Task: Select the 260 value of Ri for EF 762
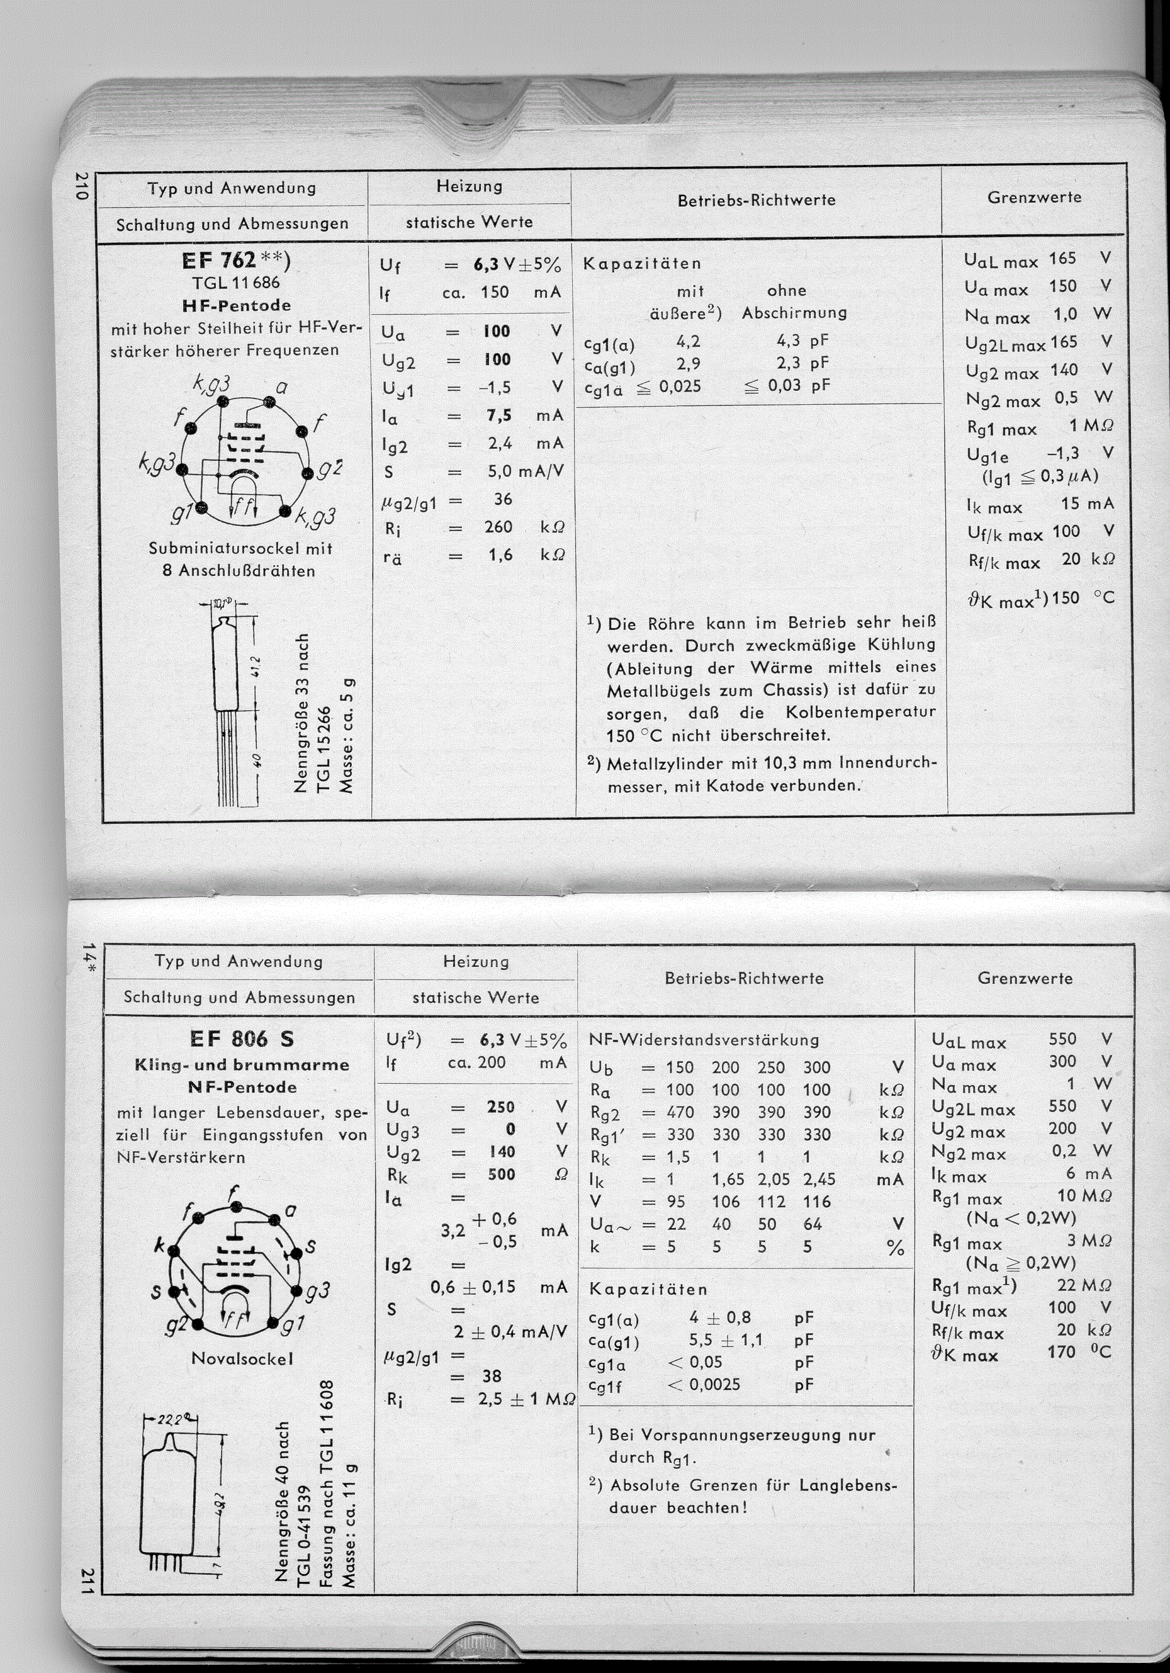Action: point(499,527)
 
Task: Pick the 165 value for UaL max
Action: point(1062,259)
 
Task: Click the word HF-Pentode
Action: point(237,305)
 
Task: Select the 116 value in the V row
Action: point(817,1202)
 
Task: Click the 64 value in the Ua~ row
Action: point(813,1224)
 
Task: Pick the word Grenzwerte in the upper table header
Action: point(1034,198)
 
